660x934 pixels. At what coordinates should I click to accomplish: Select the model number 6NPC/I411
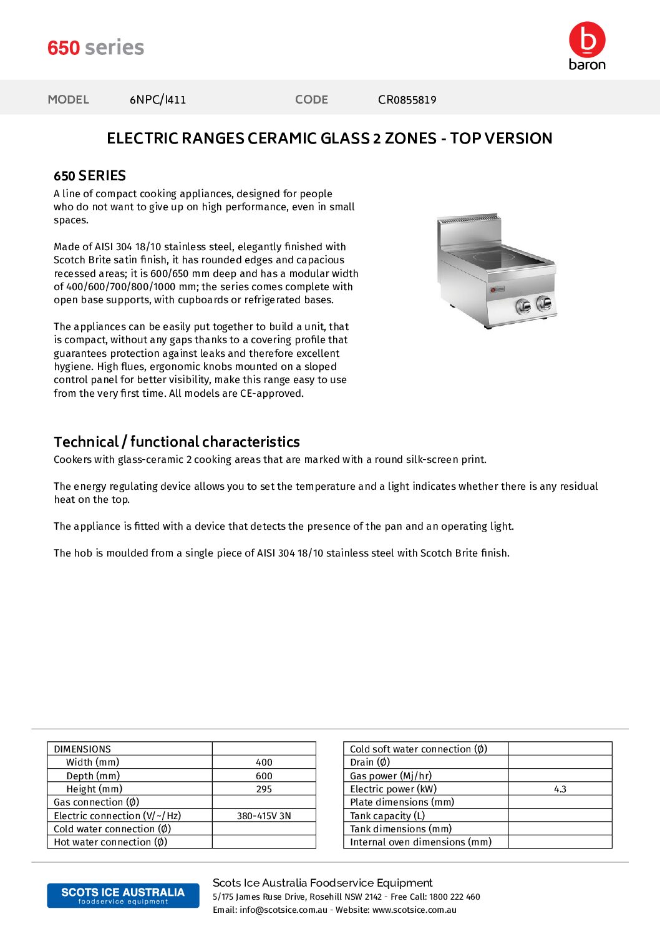pyautogui.click(x=158, y=99)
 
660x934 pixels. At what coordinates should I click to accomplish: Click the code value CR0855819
pyautogui.click(x=407, y=100)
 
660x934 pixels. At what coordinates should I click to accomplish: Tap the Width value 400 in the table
pyautogui.click(x=264, y=762)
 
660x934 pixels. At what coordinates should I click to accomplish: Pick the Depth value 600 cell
pyautogui.click(x=264, y=776)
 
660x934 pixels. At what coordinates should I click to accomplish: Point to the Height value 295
pyautogui.click(x=264, y=789)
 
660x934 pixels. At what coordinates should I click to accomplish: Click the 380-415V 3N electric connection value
pyautogui.click(x=264, y=816)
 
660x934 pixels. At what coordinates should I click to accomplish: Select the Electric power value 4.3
pyautogui.click(x=560, y=789)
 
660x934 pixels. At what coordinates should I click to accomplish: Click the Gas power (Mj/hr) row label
pyautogui.click(x=391, y=776)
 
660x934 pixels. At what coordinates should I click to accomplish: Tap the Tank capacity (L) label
pyautogui.click(x=387, y=816)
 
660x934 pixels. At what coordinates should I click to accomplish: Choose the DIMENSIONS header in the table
pyautogui.click(x=82, y=749)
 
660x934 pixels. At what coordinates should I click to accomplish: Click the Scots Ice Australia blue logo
pyautogui.click(x=123, y=895)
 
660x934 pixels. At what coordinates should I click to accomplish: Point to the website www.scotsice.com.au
pyautogui.click(x=414, y=910)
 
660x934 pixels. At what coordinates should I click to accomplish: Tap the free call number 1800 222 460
pyautogui.click(x=454, y=897)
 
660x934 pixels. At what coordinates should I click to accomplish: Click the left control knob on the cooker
pyautogui.click(x=523, y=305)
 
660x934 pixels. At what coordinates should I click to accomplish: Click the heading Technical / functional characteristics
pyautogui.click(x=177, y=442)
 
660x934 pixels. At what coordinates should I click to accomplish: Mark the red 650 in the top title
pyautogui.click(x=64, y=47)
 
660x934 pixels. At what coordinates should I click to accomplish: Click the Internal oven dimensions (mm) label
pyautogui.click(x=420, y=842)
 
